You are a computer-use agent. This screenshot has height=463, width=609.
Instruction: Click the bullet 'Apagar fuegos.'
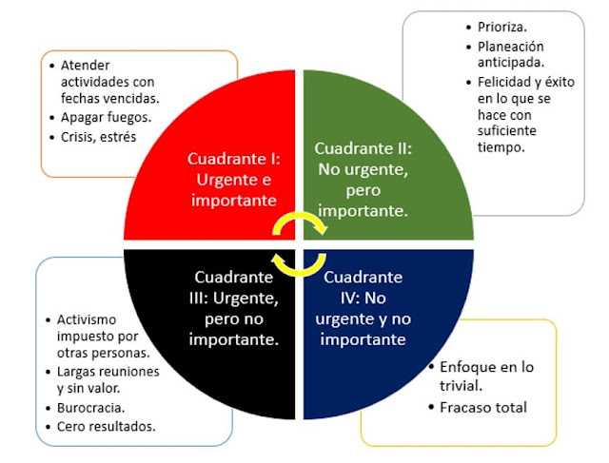point(106,119)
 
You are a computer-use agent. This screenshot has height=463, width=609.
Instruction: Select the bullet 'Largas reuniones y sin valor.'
point(108,379)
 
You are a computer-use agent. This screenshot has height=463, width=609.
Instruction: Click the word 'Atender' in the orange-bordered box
point(86,66)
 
